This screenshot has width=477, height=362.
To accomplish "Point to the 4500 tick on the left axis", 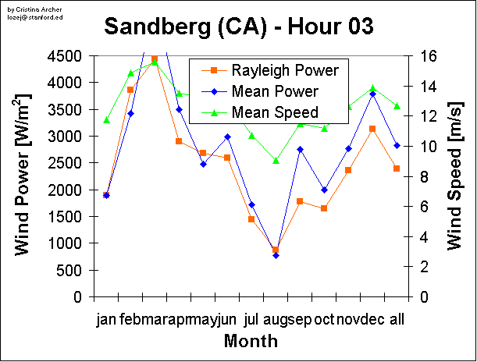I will click(69, 56).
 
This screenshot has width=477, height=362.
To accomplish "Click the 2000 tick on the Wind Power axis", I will click(69, 190).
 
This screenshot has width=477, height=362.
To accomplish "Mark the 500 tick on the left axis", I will click(73, 271).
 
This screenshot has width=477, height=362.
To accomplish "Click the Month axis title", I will click(251, 341).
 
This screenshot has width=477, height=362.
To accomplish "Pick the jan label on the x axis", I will click(106, 320).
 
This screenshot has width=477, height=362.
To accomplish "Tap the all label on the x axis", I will click(397, 320).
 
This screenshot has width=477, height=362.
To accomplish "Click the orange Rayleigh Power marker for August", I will click(276, 250).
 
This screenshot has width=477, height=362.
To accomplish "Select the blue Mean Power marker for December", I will click(372, 94).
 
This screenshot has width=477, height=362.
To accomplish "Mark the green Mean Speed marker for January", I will click(106, 120).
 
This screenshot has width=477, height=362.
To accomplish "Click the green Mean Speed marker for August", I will click(276, 161).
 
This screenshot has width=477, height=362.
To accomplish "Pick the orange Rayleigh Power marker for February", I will click(130, 90).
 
